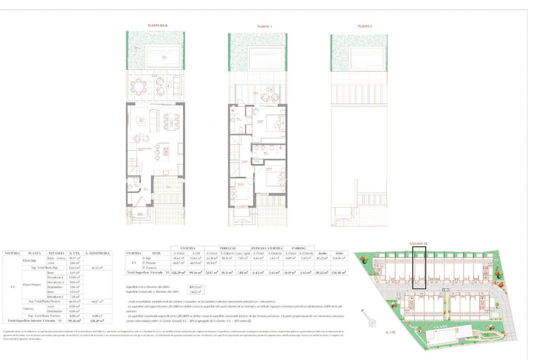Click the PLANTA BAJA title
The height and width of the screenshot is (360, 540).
(x=156, y=25)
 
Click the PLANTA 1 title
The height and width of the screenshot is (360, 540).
(x=264, y=26)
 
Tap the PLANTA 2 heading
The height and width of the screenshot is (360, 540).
(x=365, y=26)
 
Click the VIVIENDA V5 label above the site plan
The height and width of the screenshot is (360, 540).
(x=418, y=243)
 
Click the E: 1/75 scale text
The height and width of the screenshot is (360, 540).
(x=391, y=332)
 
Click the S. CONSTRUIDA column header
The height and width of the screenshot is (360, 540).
(x=97, y=254)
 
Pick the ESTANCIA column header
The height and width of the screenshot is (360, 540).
(x=55, y=254)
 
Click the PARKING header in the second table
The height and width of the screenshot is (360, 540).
(x=299, y=248)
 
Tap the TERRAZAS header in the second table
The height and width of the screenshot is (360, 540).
(x=227, y=248)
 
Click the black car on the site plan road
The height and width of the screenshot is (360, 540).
(x=445, y=290)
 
